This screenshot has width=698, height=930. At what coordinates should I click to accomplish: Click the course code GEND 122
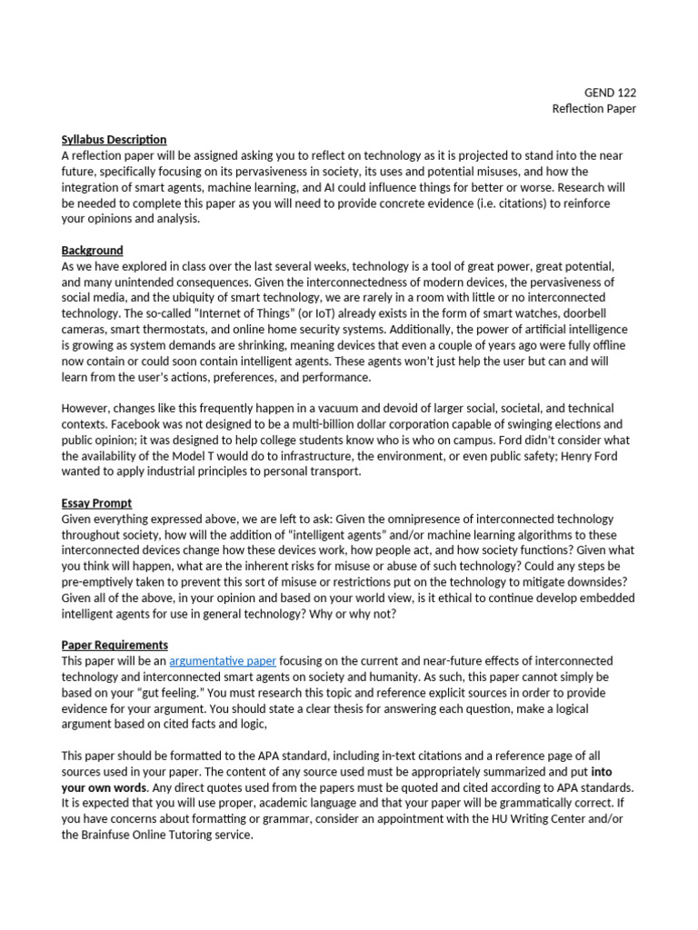click(x=610, y=93)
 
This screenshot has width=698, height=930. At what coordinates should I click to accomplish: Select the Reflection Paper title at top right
click(x=594, y=109)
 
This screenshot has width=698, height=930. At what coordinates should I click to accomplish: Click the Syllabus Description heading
click(x=114, y=140)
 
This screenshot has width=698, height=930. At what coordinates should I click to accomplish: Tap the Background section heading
click(x=92, y=251)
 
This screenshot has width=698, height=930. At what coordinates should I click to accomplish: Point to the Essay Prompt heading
click(x=96, y=503)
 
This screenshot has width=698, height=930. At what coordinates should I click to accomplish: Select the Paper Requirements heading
click(x=115, y=645)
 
